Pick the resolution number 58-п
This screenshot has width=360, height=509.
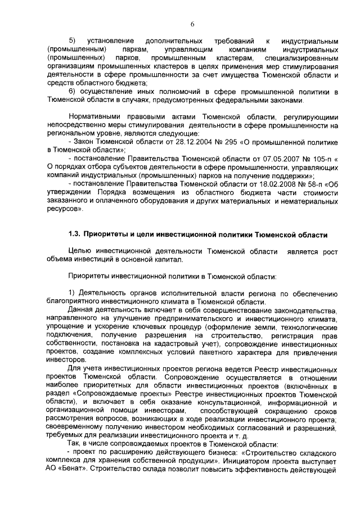click(x=309, y=183)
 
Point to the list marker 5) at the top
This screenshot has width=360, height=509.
click(x=72, y=41)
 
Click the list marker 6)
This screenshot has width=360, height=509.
click(x=72, y=91)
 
